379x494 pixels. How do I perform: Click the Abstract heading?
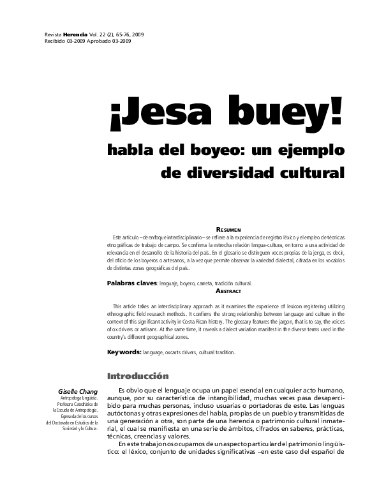click(x=228, y=290)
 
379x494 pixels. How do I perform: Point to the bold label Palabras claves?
click(x=131, y=282)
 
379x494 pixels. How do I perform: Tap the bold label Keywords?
click(x=124, y=352)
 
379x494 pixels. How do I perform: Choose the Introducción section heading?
click(x=138, y=376)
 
